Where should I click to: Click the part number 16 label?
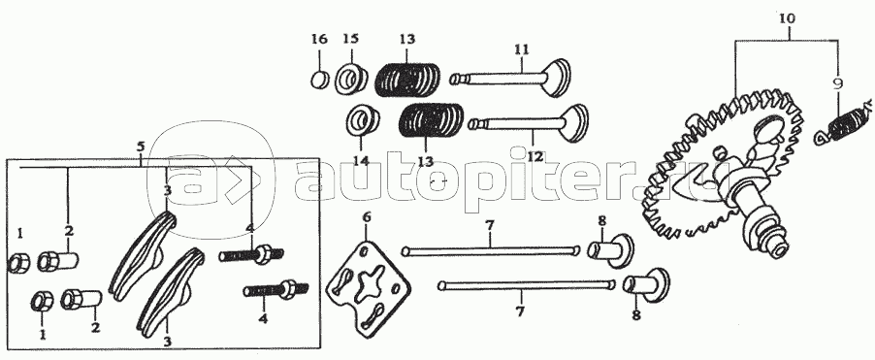[x=318, y=39]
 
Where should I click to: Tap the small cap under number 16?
[x=319, y=80]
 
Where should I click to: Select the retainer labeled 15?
[x=351, y=79]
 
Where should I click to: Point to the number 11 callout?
[x=521, y=49]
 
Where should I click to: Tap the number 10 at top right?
[x=788, y=18]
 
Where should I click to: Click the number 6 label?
[x=367, y=216]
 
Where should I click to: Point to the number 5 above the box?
[x=140, y=147]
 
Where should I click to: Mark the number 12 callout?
[x=535, y=157]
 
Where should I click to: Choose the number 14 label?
[x=361, y=161]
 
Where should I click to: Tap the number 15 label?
[x=351, y=39]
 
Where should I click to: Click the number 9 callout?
[x=836, y=84]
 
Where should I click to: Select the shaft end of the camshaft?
[x=779, y=244]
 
